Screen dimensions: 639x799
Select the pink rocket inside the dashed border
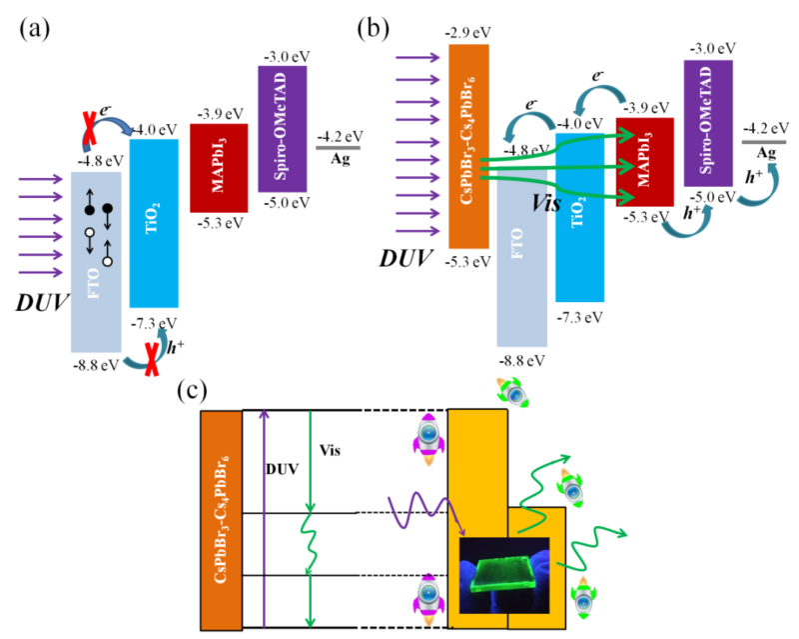click(x=427, y=600)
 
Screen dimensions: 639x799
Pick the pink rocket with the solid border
click(x=426, y=440)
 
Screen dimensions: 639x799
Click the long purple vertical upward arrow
click(x=264, y=515)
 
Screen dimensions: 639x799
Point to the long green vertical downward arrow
click(x=310, y=515)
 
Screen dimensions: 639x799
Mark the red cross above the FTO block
click(x=89, y=128)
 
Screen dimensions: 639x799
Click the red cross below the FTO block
click(x=151, y=358)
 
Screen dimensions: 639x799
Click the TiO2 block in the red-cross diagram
click(x=154, y=223)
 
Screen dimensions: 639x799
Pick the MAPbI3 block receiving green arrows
click(x=644, y=161)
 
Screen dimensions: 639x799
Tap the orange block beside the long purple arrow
click(x=221, y=520)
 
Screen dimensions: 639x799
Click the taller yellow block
click(x=477, y=470)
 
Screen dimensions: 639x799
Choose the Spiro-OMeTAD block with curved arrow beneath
click(x=708, y=122)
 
